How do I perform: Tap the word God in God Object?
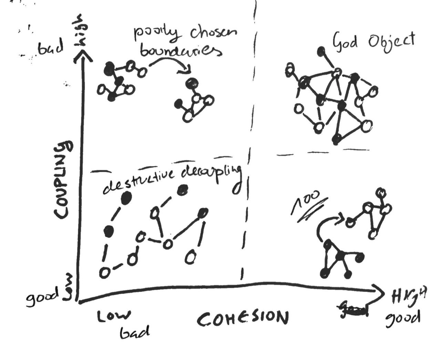pyautogui.click(x=344, y=42)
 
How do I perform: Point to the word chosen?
pyautogui.click(x=214, y=34)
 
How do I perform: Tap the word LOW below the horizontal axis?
pyautogui.click(x=114, y=316)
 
